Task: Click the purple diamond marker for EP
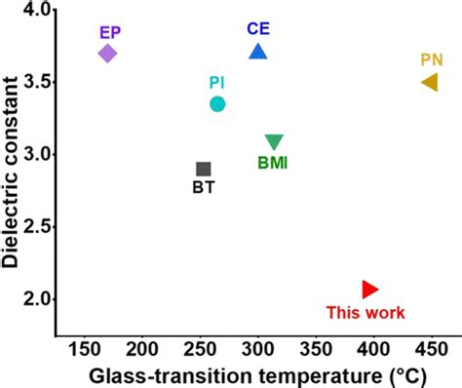click(x=108, y=53)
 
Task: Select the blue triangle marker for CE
click(x=257, y=51)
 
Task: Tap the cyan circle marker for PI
click(x=217, y=103)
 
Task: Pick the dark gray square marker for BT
click(x=204, y=170)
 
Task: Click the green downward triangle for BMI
click(x=275, y=142)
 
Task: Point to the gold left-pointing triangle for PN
click(x=429, y=82)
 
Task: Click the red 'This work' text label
click(x=366, y=313)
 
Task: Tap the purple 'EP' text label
click(x=110, y=32)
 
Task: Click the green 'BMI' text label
click(x=273, y=163)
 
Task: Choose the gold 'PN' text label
click(x=432, y=59)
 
